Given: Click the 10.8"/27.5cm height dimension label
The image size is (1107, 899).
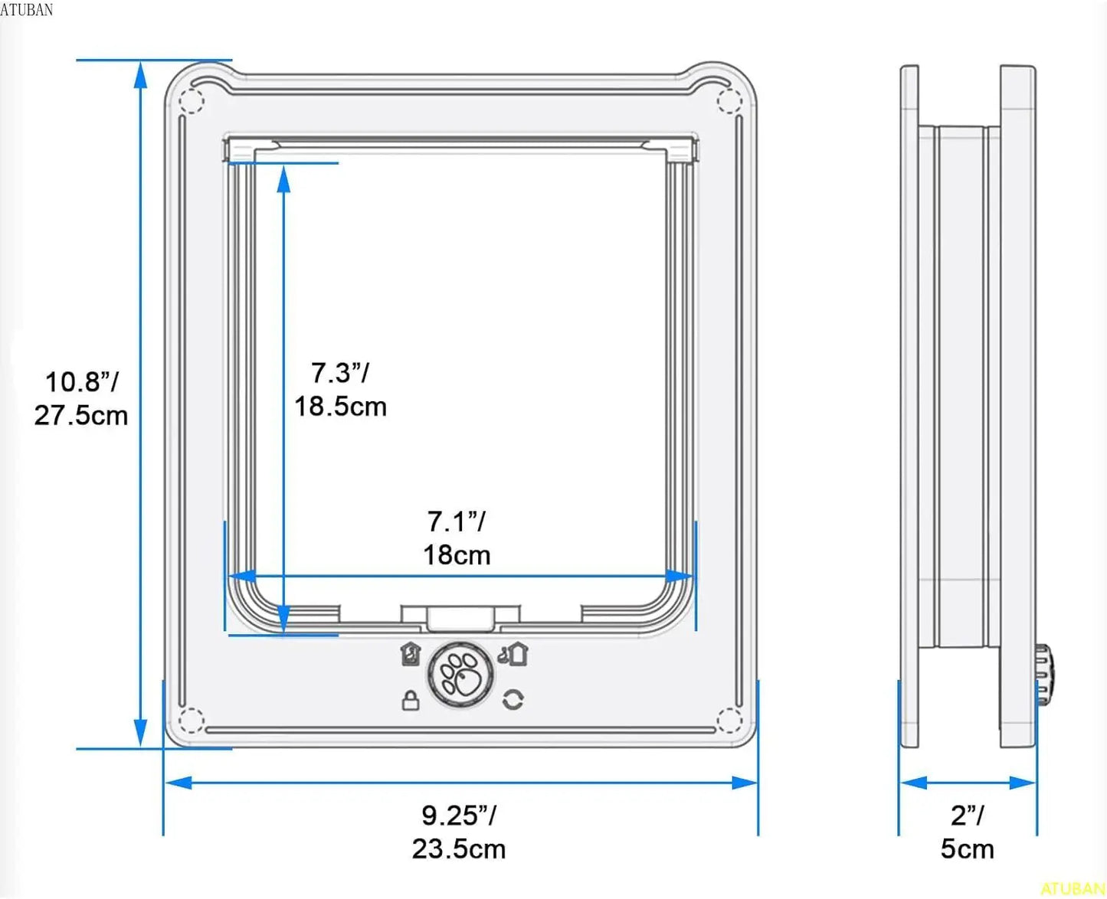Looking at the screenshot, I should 80,398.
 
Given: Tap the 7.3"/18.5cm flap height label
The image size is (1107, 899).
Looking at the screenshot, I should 340,390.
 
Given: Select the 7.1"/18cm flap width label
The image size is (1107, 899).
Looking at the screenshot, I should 457,538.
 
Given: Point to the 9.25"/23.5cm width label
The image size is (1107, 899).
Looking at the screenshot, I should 459,832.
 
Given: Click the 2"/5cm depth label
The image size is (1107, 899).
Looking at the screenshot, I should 968,832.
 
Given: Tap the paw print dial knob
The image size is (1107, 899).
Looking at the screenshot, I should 460,674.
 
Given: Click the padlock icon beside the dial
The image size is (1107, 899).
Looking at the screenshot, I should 411,700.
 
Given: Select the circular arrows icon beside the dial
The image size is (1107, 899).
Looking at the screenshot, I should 513,699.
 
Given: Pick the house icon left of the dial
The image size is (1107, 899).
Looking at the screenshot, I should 411,655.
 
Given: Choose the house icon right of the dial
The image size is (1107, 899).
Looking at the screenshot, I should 514,654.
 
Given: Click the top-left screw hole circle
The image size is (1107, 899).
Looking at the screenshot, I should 192,100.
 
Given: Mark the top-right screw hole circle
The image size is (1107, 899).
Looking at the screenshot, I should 729,100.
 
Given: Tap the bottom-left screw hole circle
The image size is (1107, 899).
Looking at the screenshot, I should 192,721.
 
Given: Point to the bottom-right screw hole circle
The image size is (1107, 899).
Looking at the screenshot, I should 729,721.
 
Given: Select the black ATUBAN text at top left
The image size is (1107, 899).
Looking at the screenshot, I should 27,9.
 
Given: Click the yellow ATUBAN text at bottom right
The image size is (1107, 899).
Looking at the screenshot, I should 1073,889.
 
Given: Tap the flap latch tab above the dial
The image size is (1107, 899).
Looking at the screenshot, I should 460,617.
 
